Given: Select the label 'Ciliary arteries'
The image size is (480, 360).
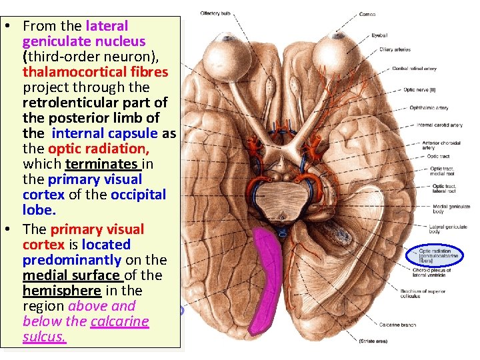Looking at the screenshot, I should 395,49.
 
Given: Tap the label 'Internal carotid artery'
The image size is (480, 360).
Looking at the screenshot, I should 435,125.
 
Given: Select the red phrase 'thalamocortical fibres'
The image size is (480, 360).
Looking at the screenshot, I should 95,72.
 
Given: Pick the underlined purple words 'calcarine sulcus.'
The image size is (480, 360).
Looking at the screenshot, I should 85,329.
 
